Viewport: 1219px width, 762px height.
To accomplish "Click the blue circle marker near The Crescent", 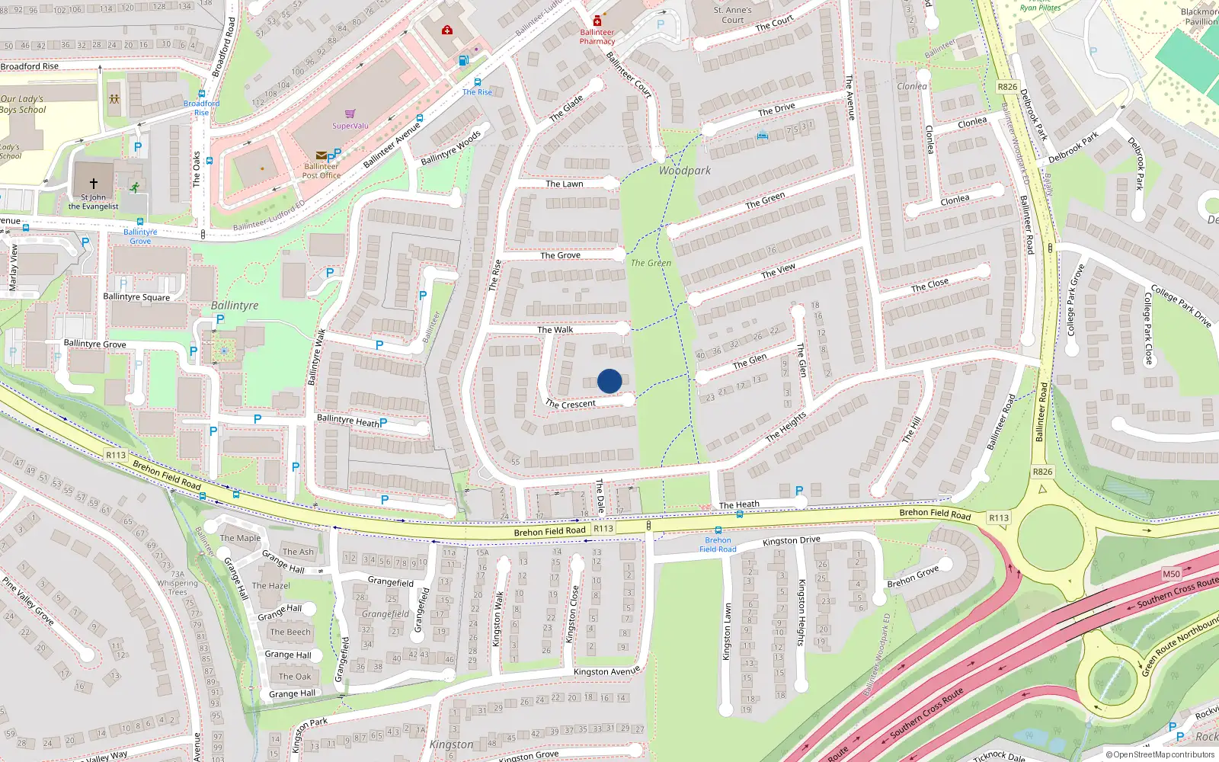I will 609,381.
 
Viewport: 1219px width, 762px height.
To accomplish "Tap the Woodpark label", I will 684,171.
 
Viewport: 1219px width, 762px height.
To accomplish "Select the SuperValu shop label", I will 350,126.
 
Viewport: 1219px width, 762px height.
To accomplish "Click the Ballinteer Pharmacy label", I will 597,37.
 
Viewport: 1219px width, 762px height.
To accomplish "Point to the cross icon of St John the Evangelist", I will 94,184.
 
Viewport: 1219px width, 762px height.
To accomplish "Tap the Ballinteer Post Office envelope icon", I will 321,155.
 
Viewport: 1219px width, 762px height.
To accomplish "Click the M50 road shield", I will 1171,574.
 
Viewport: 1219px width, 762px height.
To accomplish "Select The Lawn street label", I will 564,184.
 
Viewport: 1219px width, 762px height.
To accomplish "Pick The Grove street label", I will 560,255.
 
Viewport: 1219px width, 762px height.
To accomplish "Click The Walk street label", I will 555,330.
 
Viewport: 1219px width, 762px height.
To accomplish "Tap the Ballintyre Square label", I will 136,297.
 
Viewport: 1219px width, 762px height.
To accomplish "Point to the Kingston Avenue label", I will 606,671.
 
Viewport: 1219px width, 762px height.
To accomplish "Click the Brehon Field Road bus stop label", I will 718,544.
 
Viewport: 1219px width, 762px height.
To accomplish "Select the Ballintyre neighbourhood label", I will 235,306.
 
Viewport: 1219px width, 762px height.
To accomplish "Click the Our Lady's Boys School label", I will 23,104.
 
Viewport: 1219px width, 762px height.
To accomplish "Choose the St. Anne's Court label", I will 732,15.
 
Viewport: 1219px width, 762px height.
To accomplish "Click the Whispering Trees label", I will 178,588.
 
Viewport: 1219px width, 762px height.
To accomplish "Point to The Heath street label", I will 739,504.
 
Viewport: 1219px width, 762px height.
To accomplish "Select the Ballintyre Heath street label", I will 347,421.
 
